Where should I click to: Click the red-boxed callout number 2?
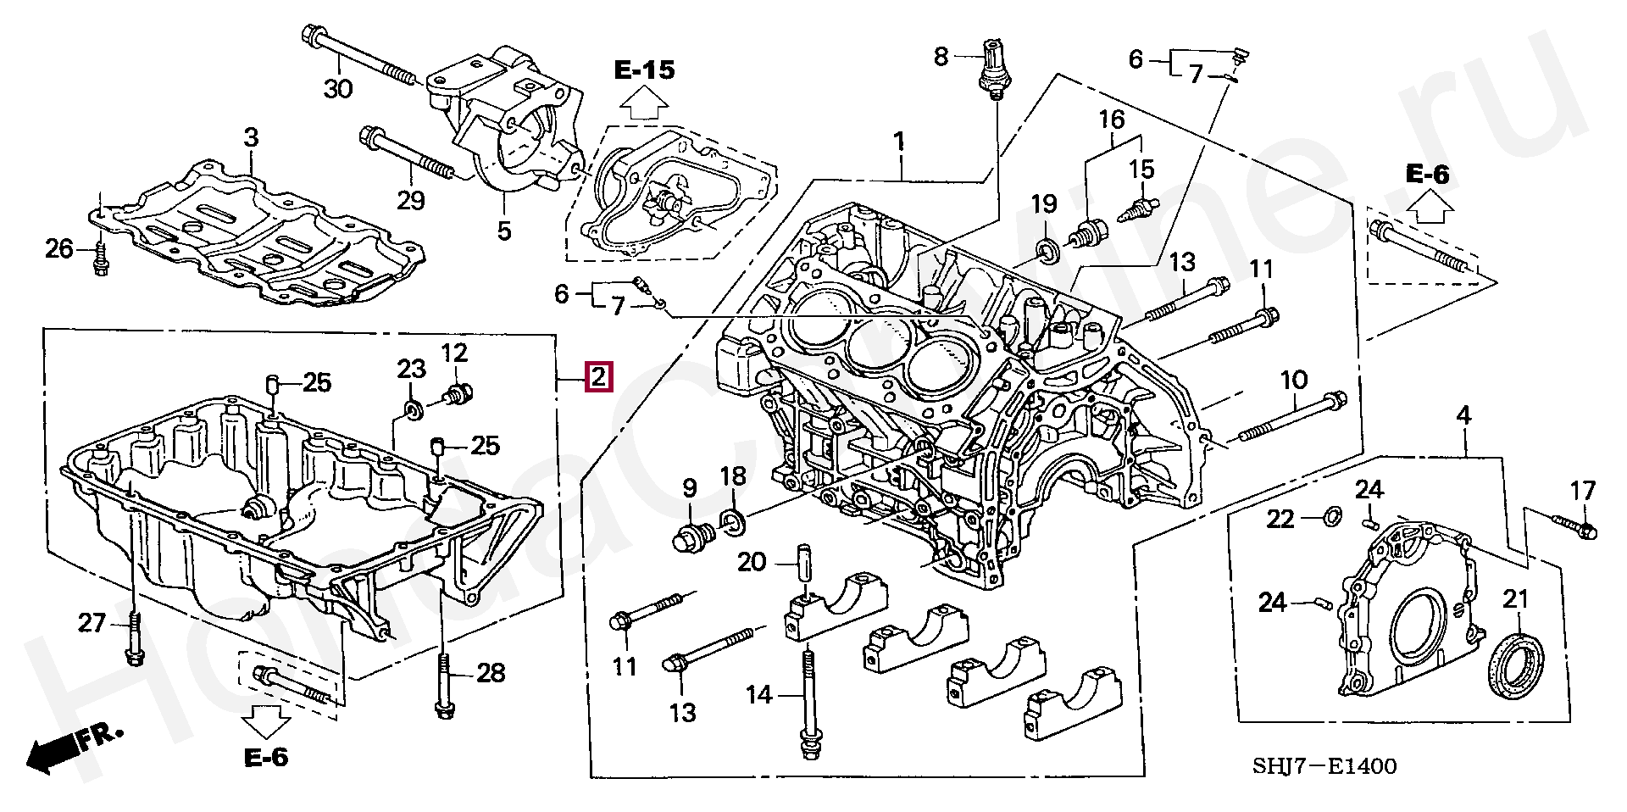pyautogui.click(x=597, y=376)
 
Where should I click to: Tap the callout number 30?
pyautogui.click(x=338, y=87)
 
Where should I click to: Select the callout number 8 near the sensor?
pyautogui.click(x=941, y=57)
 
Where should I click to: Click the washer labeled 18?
pyautogui.click(x=733, y=523)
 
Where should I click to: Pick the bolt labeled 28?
pyautogui.click(x=442, y=687)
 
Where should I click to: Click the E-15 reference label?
pyautogui.click(x=645, y=69)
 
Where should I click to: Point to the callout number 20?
pyautogui.click(x=751, y=562)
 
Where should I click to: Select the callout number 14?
pyautogui.click(x=759, y=695)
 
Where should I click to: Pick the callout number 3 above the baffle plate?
pyautogui.click(x=250, y=136)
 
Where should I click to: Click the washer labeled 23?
pyautogui.click(x=413, y=411)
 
